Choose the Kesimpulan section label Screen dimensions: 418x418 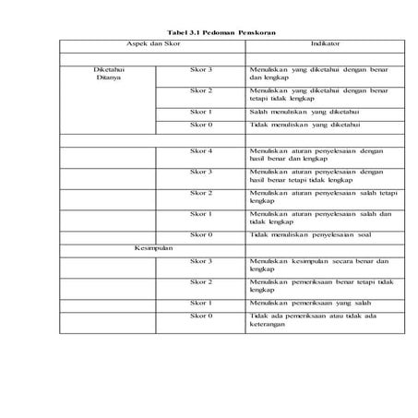coord(153,247)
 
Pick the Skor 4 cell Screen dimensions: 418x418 coord(201,150)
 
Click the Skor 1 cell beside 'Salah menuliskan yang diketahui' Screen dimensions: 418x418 coord(201,111)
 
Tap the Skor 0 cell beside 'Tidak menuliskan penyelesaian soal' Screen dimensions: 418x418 coord(201,235)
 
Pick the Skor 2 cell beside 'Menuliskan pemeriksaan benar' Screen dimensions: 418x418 coord(201,281)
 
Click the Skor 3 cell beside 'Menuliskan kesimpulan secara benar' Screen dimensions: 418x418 coord(201,261)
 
